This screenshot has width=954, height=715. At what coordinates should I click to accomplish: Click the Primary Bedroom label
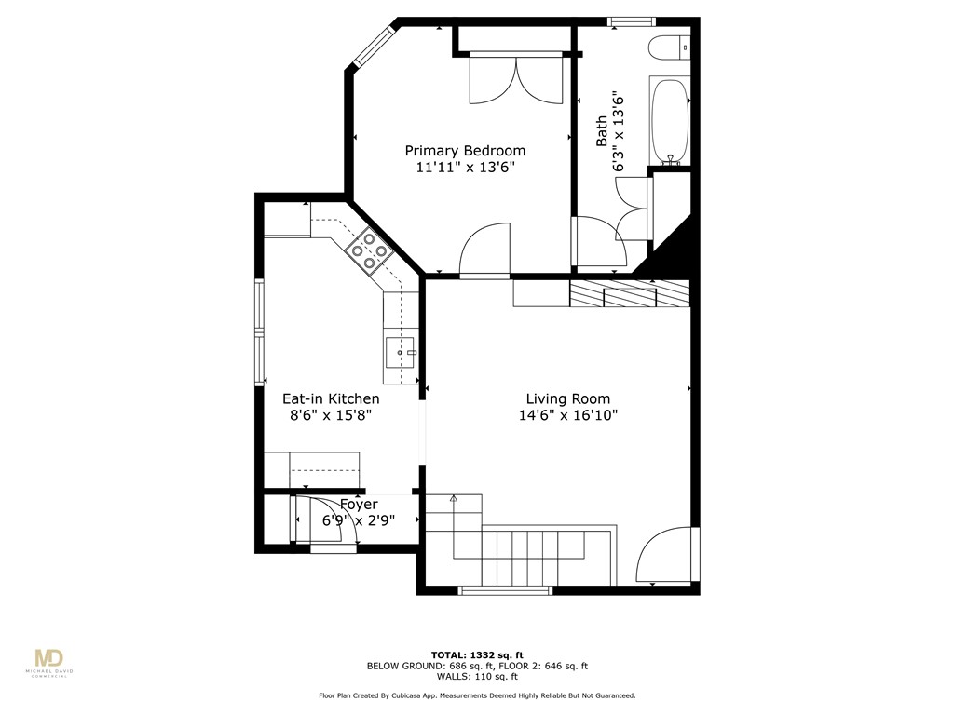(x=464, y=151)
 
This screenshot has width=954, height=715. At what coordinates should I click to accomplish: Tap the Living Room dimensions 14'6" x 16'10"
(x=568, y=416)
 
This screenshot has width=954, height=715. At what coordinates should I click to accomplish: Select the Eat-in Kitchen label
(x=331, y=398)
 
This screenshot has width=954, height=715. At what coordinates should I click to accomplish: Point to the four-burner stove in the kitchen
(x=368, y=250)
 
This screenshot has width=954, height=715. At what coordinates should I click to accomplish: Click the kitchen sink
(x=401, y=353)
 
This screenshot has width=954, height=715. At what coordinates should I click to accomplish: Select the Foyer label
(x=359, y=505)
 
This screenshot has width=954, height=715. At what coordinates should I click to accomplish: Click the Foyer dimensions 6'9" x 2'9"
(x=359, y=520)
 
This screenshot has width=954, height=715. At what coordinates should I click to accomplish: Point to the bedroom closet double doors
(x=515, y=79)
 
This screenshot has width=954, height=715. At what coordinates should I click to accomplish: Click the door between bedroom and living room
(x=485, y=251)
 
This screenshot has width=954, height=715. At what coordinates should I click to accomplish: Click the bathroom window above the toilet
(x=632, y=21)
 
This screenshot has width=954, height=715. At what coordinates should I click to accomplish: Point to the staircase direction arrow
(x=454, y=500)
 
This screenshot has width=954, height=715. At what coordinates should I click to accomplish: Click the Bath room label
(x=602, y=130)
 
